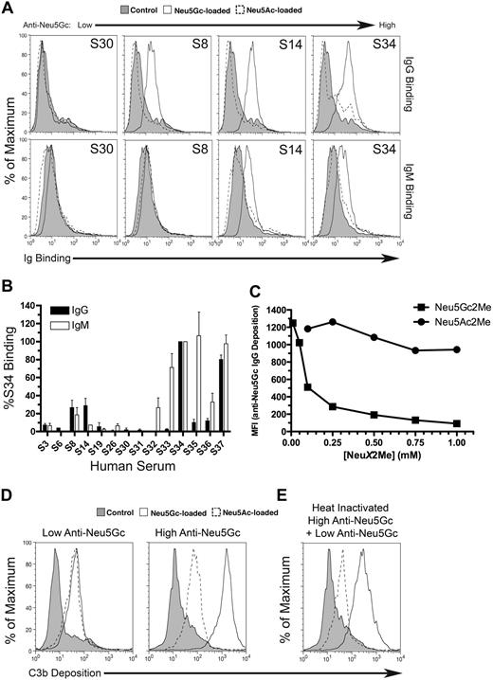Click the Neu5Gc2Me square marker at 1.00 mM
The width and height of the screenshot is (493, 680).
[463, 423]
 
